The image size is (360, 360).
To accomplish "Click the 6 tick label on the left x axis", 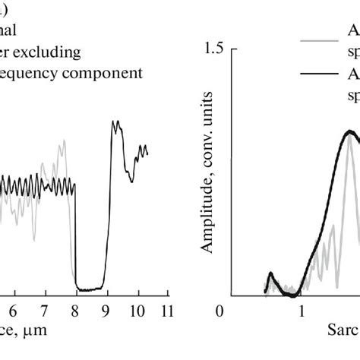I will tap(12, 311).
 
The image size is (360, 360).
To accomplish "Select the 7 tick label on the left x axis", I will tap(44, 311).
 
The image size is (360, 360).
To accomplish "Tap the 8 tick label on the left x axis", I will tap(75, 311).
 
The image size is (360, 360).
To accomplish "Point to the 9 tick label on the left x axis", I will tap(107, 311).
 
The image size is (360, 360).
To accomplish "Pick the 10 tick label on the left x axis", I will tap(137, 311).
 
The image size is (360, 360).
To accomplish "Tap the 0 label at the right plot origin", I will tap(220, 311).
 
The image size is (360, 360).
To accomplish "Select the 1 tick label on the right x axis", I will tap(302, 311).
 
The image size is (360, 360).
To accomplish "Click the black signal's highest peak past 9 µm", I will tap(115, 122).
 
